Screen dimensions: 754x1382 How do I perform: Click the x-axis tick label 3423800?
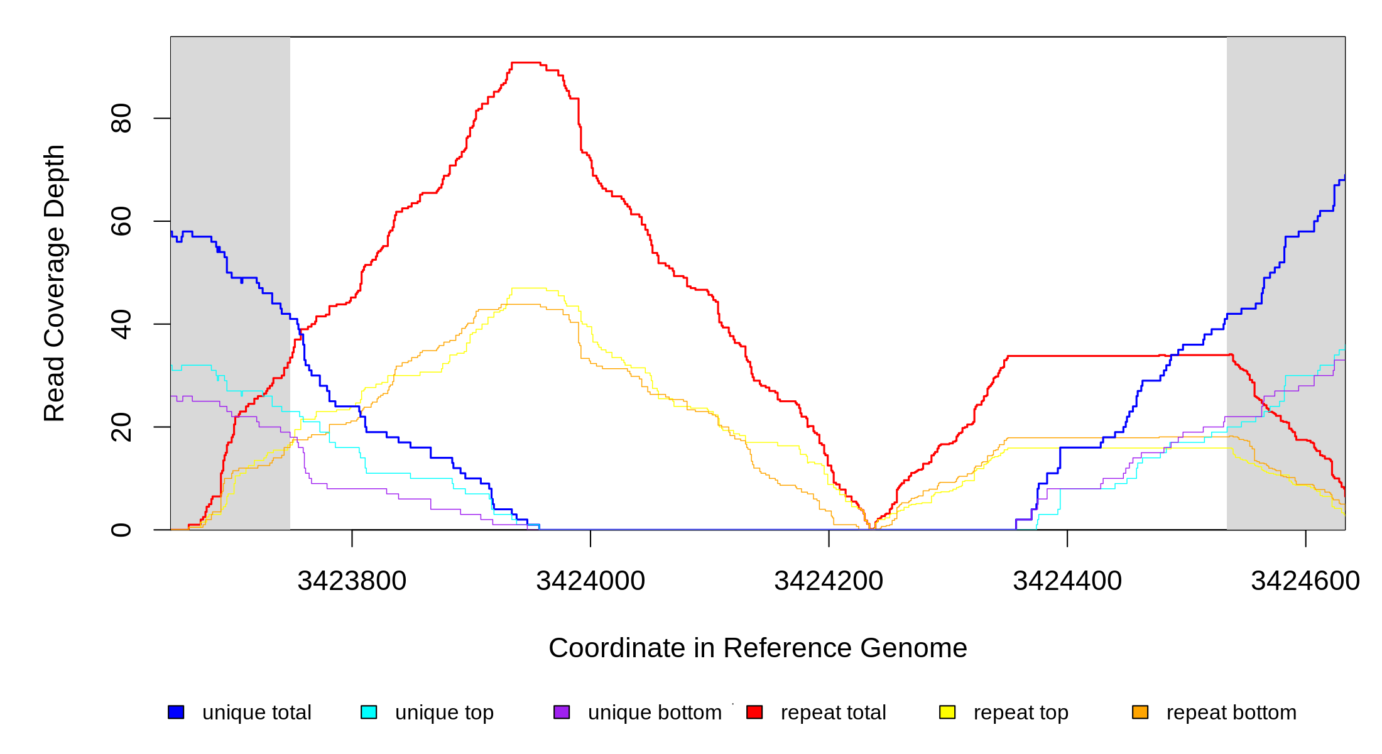[x=352, y=581]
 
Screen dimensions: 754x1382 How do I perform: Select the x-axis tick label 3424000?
[x=590, y=581]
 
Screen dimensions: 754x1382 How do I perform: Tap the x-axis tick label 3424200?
[x=829, y=581]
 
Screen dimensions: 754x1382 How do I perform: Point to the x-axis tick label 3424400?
[x=1067, y=581]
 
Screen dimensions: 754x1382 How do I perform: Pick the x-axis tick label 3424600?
[x=1305, y=581]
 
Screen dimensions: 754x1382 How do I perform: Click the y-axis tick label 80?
[x=121, y=118]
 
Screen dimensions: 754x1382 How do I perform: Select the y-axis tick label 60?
[x=121, y=221]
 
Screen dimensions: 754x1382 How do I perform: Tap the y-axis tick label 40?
[x=121, y=324]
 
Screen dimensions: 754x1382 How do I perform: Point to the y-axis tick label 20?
[x=121, y=427]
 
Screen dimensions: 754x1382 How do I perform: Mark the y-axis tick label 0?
[x=121, y=530]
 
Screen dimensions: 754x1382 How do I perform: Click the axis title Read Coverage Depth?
[x=54, y=283]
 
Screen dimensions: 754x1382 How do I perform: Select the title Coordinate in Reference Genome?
[x=758, y=648]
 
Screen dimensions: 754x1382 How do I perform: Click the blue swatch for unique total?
[x=176, y=712]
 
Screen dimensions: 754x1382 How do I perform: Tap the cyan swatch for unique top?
[x=369, y=712]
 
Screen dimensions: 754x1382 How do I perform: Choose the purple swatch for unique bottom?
[x=562, y=712]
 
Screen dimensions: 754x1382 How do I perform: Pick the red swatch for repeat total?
[x=754, y=712]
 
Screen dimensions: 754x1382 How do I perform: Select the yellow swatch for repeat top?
[x=947, y=712]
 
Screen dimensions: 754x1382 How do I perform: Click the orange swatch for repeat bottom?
[x=1140, y=712]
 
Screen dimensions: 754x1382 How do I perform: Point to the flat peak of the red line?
[x=526, y=63]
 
